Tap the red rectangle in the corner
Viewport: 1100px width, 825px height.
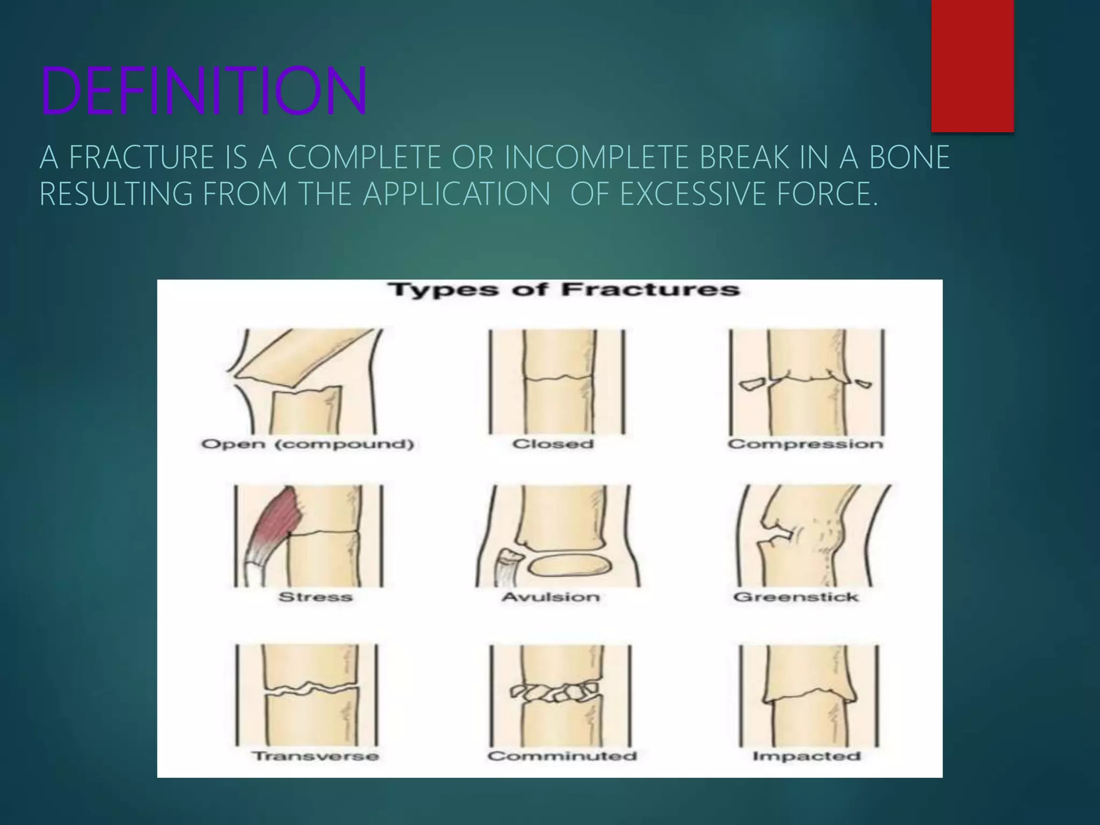pos(972,66)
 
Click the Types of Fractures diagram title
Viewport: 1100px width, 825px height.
pos(563,290)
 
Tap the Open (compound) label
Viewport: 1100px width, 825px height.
pos(308,444)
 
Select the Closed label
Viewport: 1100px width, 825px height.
pos(553,444)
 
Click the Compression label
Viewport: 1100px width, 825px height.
pos(806,444)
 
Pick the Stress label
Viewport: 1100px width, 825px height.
pos(315,597)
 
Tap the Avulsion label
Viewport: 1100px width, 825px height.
pos(551,597)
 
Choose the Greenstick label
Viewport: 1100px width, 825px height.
pos(796,597)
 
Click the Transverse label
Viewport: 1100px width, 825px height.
pos(316,756)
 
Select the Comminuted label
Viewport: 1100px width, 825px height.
pos(562,756)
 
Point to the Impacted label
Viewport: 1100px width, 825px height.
pos(807,756)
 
